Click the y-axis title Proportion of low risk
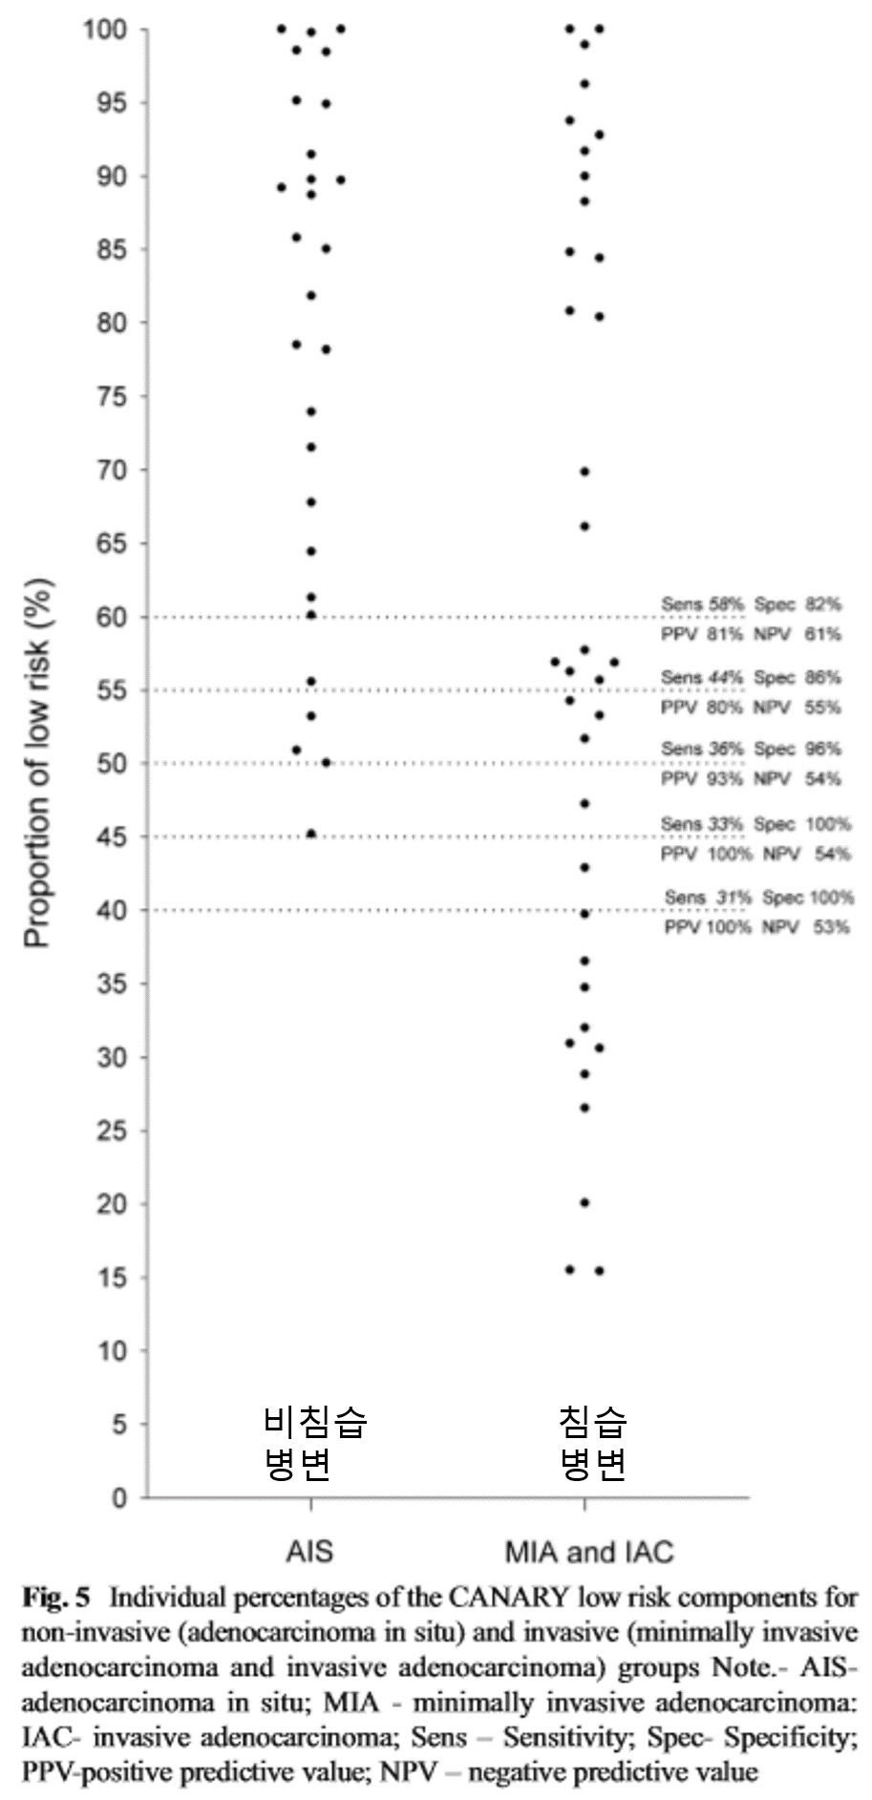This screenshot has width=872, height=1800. click(x=37, y=763)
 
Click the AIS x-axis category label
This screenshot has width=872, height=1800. click(x=310, y=1551)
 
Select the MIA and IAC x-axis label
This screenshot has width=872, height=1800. click(x=588, y=1551)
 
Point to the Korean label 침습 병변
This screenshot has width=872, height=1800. click(x=592, y=1442)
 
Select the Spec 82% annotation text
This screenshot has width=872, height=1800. click(x=798, y=604)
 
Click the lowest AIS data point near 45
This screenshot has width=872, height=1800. click(x=310, y=834)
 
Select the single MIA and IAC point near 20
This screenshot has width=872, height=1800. click(x=585, y=1202)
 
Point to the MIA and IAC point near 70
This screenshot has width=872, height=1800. click(x=585, y=472)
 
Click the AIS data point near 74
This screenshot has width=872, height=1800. click(x=310, y=412)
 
